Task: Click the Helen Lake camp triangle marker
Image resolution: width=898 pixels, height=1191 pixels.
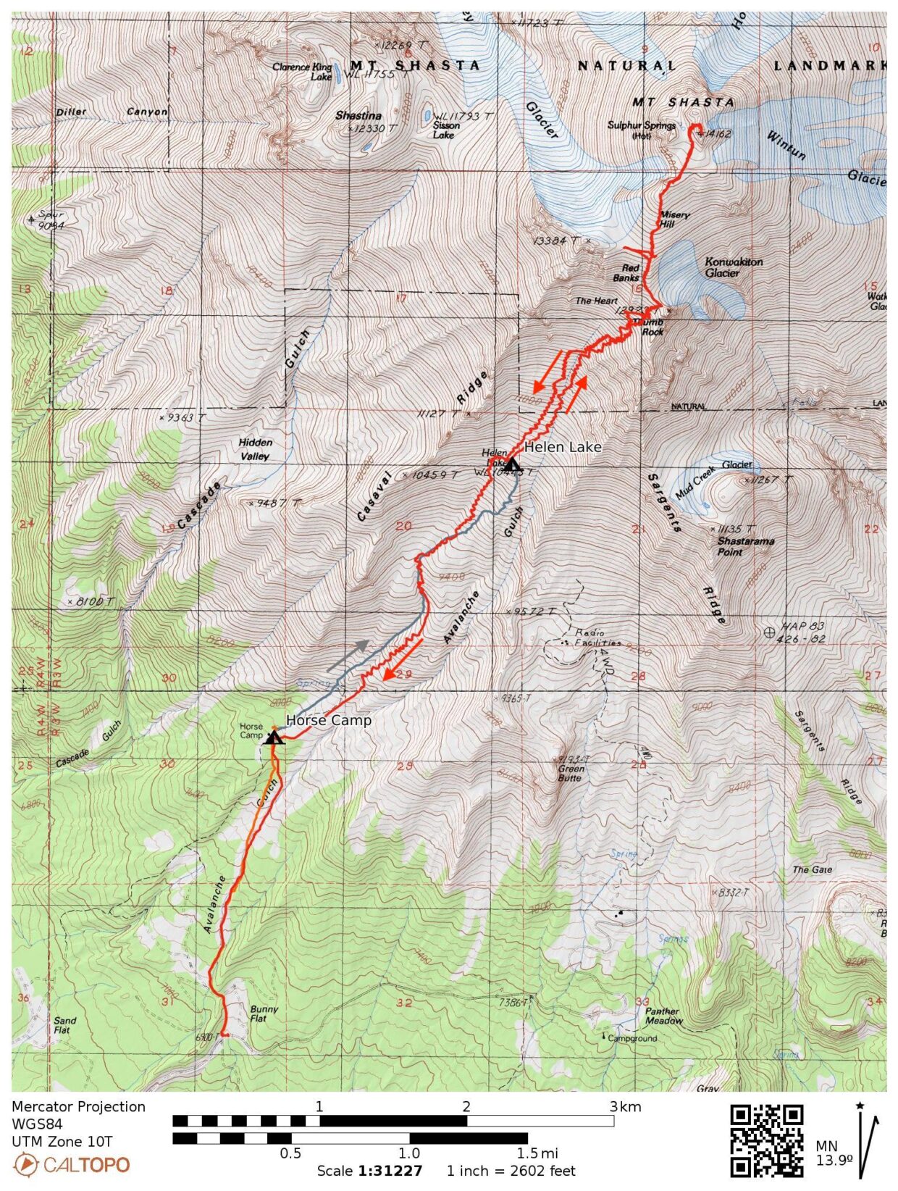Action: (512, 464)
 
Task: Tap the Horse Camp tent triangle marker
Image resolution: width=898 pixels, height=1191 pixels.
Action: (273, 738)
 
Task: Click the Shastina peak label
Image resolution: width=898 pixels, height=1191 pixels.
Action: (358, 116)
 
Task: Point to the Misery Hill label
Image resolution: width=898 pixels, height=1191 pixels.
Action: (674, 220)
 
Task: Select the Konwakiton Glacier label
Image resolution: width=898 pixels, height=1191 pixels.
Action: (733, 267)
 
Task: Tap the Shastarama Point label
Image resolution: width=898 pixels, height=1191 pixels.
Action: (745, 546)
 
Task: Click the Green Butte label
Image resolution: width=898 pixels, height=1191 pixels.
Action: (571, 773)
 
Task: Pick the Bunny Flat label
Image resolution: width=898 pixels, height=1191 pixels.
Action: (264, 1014)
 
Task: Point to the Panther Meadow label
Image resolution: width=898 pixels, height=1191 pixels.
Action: (663, 1016)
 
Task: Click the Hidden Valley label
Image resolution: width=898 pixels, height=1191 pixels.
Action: (255, 449)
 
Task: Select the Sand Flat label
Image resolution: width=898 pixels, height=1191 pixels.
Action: (65, 1025)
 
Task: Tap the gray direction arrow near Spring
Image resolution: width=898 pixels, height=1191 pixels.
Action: (346, 656)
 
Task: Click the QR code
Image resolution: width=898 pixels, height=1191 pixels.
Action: (766, 1140)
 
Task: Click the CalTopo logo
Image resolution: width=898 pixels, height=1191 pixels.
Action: (72, 1165)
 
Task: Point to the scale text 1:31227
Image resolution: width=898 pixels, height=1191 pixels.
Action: (390, 1171)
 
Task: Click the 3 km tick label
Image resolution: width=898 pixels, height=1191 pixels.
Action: (624, 1107)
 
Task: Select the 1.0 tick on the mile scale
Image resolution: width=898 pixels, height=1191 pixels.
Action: (409, 1153)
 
